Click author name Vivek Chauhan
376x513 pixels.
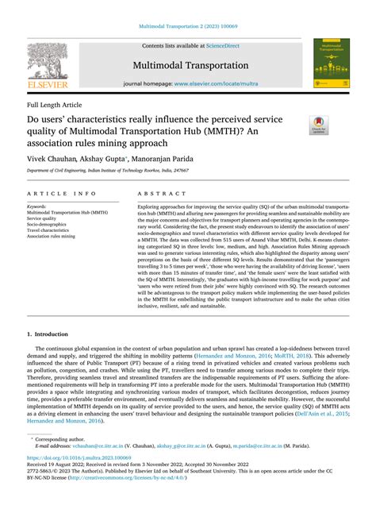click(52, 158)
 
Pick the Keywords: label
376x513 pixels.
click(37, 206)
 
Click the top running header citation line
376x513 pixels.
click(188, 25)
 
